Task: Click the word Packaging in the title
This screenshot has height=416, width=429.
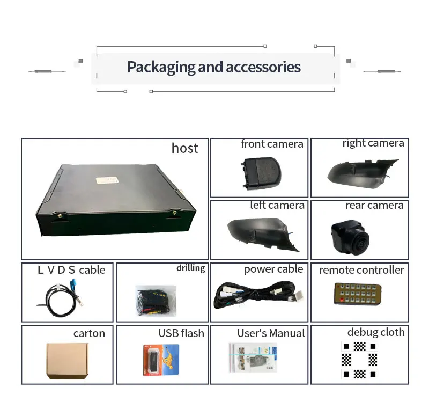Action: (x=160, y=67)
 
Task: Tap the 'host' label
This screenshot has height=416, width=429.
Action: (x=184, y=148)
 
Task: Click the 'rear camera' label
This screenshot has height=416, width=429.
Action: (x=374, y=206)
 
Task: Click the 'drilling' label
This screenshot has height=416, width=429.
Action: (x=190, y=268)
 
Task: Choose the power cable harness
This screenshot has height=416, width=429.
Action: (x=257, y=297)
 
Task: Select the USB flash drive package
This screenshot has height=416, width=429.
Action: (x=160, y=360)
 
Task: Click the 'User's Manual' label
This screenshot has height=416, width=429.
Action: (x=271, y=333)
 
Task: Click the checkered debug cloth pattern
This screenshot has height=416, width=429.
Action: (x=359, y=359)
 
